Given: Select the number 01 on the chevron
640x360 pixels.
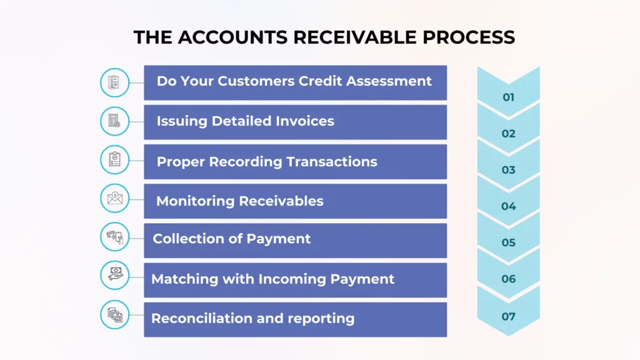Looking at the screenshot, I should (509, 97).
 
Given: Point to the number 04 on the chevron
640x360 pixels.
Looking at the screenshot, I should (509, 206).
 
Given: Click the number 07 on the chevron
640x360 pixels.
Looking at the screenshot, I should (509, 316).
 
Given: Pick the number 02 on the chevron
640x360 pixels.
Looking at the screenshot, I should (509, 134).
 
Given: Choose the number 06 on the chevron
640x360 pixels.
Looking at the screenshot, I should (509, 279).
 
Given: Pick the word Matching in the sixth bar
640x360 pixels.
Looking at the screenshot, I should (181, 279).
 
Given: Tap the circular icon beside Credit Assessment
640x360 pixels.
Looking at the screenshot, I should (115, 82).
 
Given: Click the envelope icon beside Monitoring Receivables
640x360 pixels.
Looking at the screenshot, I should (115, 199).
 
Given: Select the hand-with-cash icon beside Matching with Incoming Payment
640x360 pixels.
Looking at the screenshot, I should (115, 275).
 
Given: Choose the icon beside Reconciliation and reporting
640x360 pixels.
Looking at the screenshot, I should (115, 314).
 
